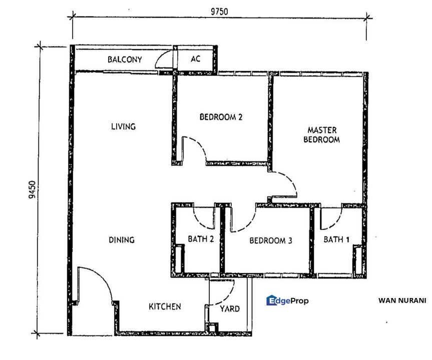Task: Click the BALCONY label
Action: pos(125,59)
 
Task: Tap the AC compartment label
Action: pos(195,58)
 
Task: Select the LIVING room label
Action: pos(124,126)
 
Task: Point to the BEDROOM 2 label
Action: pos(221,117)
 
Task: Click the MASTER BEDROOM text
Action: pos(321,134)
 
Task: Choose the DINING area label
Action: pos(122,240)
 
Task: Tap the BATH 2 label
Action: pos(201,239)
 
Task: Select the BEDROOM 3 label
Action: pos(270,241)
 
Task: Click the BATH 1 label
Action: pos(336,239)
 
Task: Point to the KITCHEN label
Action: pos(165,306)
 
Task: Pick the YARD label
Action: pos(230,309)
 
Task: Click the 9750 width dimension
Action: pos(219,11)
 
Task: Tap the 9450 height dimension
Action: pos(32,189)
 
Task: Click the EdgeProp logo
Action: pos(287,300)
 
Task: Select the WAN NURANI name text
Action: pos(402,300)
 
